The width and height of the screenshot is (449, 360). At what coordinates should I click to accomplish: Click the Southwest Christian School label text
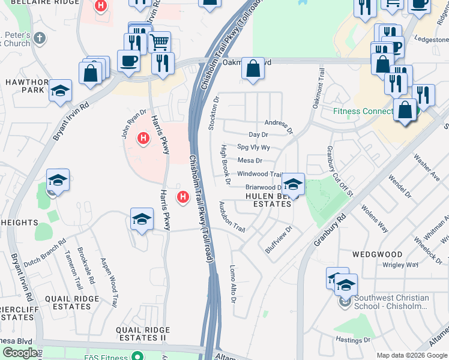(391, 302)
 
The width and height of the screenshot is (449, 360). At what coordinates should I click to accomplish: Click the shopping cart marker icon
(159, 41)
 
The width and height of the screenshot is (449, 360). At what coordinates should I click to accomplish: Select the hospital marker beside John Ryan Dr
(143, 139)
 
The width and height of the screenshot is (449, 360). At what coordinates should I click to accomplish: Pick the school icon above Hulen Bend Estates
(293, 184)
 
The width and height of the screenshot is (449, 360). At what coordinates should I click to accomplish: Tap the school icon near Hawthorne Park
(60, 91)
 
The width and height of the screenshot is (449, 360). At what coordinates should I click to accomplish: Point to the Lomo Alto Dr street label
(234, 283)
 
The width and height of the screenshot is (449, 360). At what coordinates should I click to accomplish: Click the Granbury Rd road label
(331, 231)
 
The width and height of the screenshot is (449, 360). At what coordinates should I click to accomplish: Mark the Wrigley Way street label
(400, 265)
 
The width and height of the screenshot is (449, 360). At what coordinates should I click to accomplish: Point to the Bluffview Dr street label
(280, 238)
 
